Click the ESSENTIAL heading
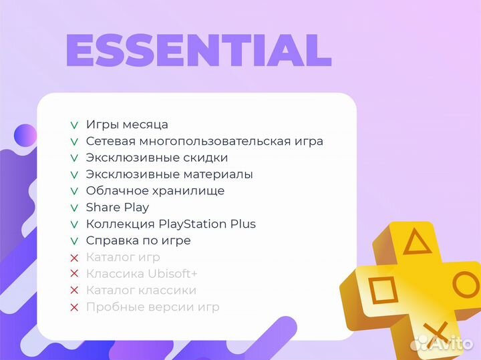click(198, 50)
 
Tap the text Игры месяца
click(127, 125)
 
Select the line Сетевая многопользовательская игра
click(204, 142)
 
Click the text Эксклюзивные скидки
click(157, 158)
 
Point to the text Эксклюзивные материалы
click(169, 174)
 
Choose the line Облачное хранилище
click(155, 191)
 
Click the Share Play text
click(118, 207)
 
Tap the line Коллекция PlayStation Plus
click(171, 224)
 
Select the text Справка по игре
click(138, 240)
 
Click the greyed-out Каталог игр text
click(123, 257)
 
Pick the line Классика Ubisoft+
click(142, 274)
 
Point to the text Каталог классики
click(141, 291)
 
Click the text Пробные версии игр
click(152, 307)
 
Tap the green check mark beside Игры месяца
click(74, 126)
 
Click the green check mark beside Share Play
click(74, 208)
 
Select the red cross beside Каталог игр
click(74, 257)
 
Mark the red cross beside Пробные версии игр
click(74, 307)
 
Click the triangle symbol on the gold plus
click(416, 242)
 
